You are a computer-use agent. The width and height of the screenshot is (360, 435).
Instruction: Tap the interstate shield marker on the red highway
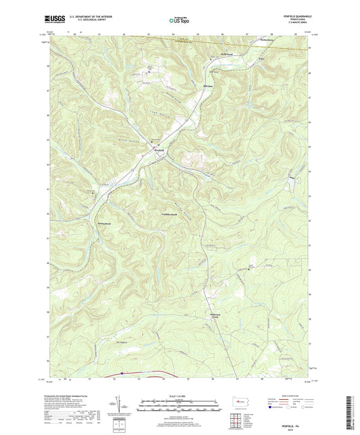tap(121, 372)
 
